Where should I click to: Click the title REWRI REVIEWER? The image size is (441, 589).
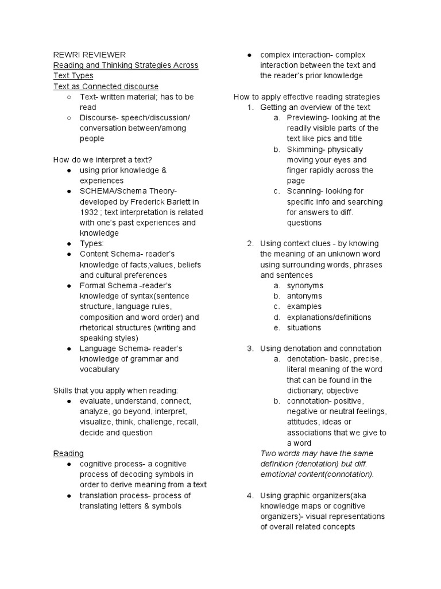(89, 55)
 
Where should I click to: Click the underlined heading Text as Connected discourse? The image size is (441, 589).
(106, 86)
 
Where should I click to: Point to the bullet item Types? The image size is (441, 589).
(92, 244)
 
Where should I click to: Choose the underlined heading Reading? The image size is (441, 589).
(68, 453)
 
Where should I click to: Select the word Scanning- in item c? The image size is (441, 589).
(307, 191)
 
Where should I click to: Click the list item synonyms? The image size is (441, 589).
(305, 286)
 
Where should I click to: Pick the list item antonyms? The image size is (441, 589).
(304, 296)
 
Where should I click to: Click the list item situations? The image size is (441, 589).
(304, 328)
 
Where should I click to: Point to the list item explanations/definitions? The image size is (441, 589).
(329, 318)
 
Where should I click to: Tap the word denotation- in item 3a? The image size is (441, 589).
(309, 359)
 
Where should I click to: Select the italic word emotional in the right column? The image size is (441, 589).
(279, 475)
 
